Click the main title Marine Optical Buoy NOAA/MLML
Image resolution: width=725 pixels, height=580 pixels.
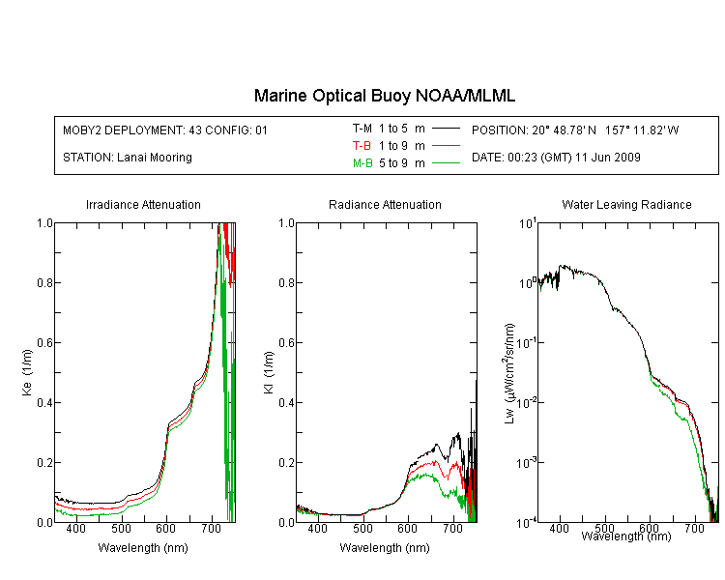point(385,96)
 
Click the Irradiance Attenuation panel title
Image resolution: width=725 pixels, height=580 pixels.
point(143,204)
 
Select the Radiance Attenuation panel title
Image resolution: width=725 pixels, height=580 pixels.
point(385,204)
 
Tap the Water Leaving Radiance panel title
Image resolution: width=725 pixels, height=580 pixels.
point(626,204)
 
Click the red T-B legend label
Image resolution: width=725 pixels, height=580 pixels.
point(362,146)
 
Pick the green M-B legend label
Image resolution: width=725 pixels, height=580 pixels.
point(362,163)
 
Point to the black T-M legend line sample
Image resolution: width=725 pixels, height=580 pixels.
point(446,129)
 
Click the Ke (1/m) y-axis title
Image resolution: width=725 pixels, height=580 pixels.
point(27,373)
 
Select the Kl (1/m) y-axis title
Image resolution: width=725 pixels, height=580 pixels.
point(269,373)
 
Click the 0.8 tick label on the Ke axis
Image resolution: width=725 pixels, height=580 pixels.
point(45,282)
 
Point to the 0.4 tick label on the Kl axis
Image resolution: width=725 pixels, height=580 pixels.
point(287,403)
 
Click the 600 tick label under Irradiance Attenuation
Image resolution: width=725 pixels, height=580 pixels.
point(166,529)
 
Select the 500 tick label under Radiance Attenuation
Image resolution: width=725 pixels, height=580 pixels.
point(362,529)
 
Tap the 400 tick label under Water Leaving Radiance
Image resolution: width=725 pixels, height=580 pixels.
point(560,529)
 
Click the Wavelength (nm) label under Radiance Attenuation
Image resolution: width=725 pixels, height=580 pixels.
point(385,548)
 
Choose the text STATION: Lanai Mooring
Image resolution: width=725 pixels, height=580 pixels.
point(128,158)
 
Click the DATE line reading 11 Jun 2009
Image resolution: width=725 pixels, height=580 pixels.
point(556,158)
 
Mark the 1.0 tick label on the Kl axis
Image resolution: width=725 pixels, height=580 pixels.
point(287,223)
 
